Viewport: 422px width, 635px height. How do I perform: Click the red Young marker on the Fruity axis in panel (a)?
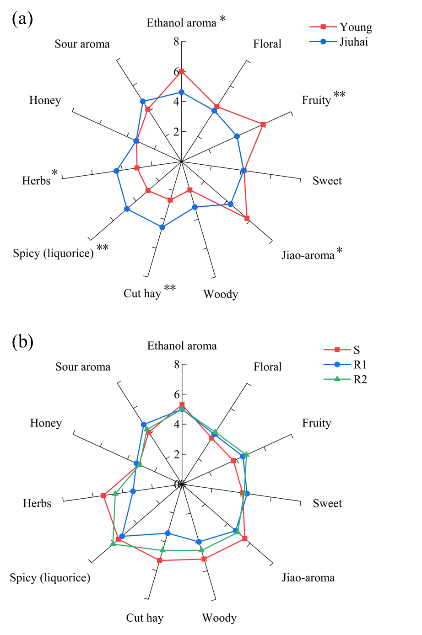[263, 124]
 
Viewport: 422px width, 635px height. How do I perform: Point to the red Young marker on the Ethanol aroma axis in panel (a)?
[181, 71]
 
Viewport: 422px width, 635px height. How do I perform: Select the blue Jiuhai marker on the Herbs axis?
[116, 171]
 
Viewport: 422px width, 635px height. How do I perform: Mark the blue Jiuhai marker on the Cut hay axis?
[162, 227]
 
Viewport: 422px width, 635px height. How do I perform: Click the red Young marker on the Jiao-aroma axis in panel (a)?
[247, 218]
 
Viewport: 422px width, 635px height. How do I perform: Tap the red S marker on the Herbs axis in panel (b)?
[103, 495]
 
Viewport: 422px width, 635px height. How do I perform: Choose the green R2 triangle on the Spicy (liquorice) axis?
[113, 543]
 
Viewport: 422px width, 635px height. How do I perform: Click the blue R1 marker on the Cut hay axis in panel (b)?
[168, 533]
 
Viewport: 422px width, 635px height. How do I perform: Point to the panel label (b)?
[22, 342]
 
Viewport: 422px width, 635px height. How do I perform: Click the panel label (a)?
[22, 19]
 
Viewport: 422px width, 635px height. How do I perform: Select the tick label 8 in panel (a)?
[176, 42]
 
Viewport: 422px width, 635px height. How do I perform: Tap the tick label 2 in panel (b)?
[176, 454]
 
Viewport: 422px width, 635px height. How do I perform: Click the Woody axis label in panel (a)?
[221, 294]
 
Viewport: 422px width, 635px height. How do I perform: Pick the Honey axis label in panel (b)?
[45, 423]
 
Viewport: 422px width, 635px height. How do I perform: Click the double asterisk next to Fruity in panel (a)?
[339, 95]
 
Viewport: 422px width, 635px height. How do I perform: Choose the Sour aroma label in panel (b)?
[83, 367]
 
